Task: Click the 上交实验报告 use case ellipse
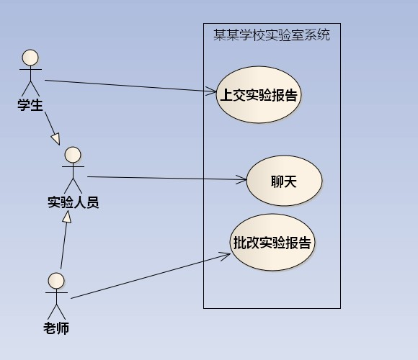(x=258, y=94)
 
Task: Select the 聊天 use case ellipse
(x=284, y=181)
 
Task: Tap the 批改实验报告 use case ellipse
(x=272, y=242)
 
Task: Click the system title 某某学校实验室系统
(x=272, y=35)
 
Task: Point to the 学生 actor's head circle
(x=30, y=58)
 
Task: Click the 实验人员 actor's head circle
(x=73, y=155)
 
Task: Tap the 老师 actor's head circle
(x=56, y=281)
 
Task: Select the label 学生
(x=30, y=104)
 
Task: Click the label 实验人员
(x=74, y=202)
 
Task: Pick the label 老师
(x=56, y=328)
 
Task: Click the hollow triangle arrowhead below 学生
(x=55, y=139)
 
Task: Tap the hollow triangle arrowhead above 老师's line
(x=67, y=217)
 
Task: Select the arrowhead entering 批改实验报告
(x=226, y=256)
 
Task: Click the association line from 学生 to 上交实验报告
(x=130, y=86)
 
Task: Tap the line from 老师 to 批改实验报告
(x=151, y=276)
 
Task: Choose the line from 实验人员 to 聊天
(x=167, y=178)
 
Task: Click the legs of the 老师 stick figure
(x=56, y=312)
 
